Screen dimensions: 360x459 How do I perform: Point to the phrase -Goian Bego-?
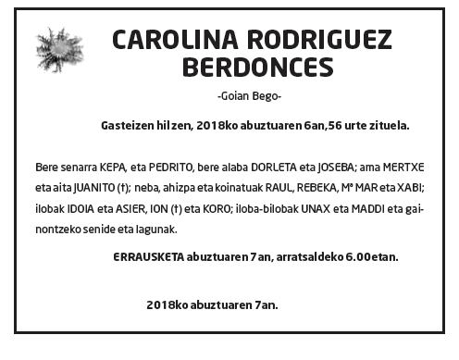coord(248,97)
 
